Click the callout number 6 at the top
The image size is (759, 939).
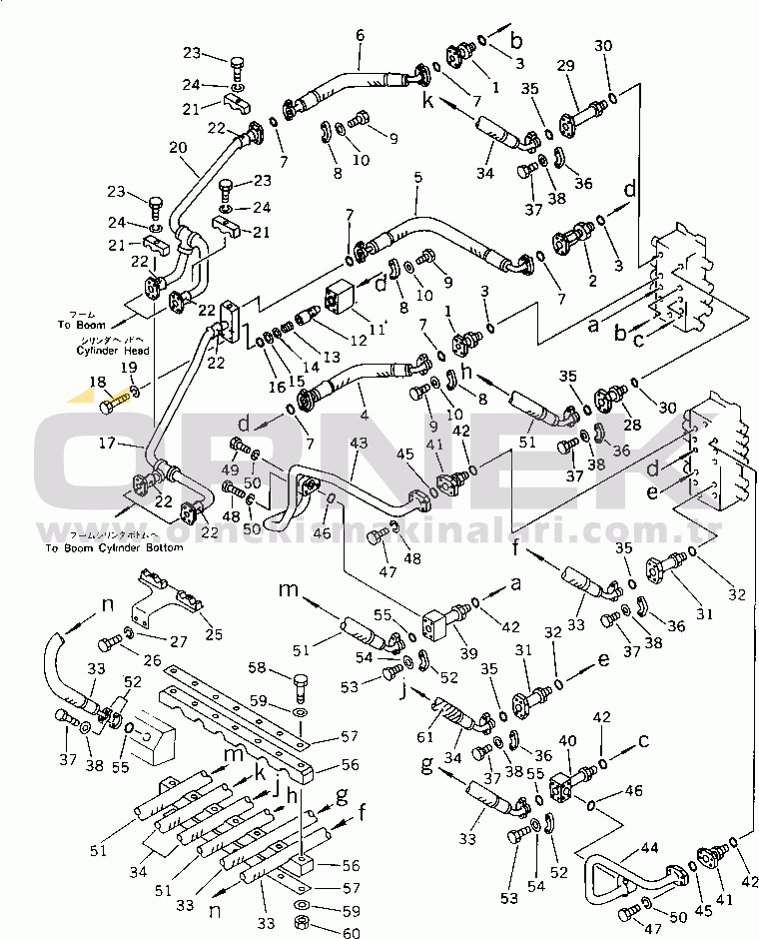[360, 35]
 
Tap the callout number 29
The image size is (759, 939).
[565, 66]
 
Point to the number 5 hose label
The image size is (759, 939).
[417, 179]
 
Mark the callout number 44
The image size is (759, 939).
[649, 848]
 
